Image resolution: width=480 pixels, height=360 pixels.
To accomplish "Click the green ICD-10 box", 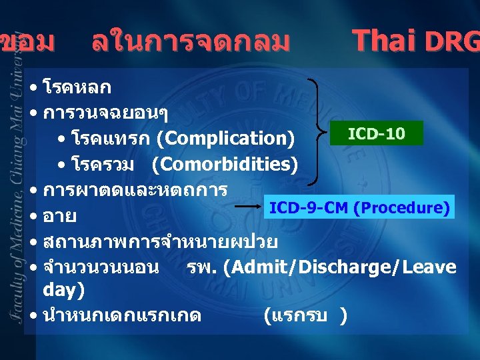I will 376,133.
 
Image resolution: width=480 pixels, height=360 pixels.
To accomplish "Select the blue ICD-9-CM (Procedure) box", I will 358,207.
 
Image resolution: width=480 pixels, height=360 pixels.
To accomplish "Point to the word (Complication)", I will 225,139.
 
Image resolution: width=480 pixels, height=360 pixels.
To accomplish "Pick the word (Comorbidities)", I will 224,163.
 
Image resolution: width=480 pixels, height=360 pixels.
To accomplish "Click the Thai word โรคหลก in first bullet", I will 77,87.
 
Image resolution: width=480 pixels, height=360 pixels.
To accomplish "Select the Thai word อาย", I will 59,217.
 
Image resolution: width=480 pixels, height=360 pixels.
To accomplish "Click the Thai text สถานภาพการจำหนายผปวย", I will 160,241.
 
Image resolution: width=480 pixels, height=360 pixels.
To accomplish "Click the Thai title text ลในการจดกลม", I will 191,42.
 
